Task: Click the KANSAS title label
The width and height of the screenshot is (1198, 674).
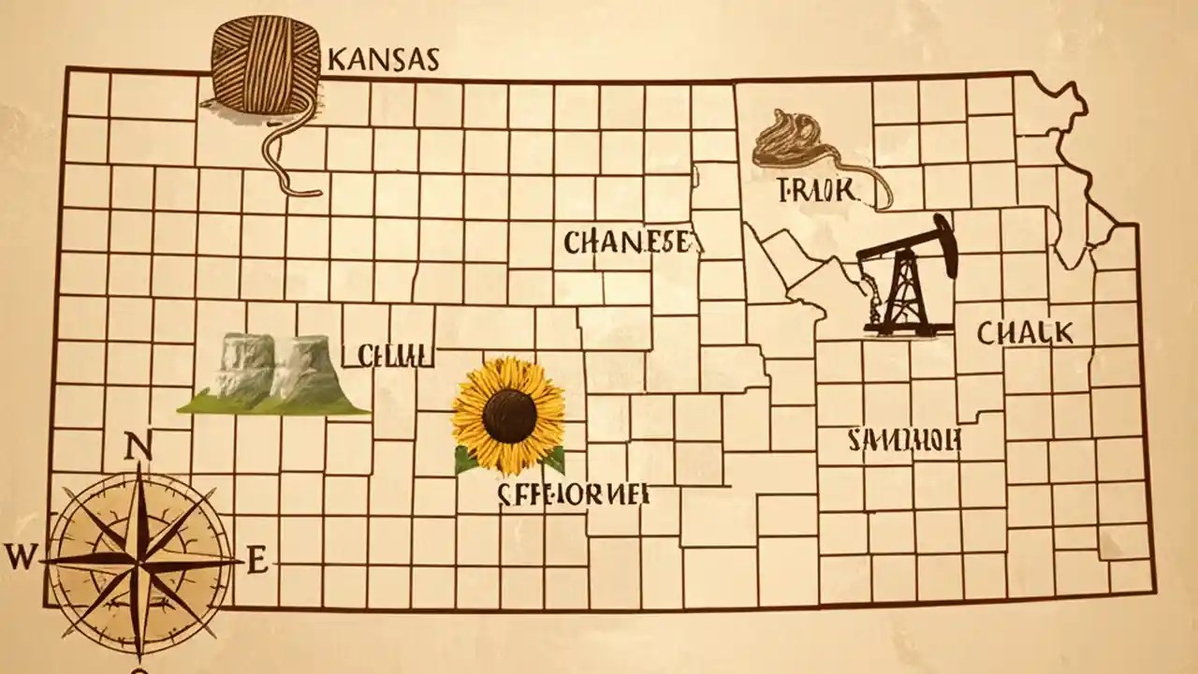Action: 384,60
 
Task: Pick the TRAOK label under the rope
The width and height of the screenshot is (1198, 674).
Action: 817,191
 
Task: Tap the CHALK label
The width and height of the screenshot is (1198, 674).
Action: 1025,332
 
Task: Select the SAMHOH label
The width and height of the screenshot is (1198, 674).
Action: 903,440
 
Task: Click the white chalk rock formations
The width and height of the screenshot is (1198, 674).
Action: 271,365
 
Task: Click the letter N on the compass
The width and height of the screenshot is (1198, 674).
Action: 138,448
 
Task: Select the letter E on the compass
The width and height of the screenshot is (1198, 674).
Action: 257,562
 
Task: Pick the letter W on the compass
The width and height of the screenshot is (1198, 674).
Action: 21,558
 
